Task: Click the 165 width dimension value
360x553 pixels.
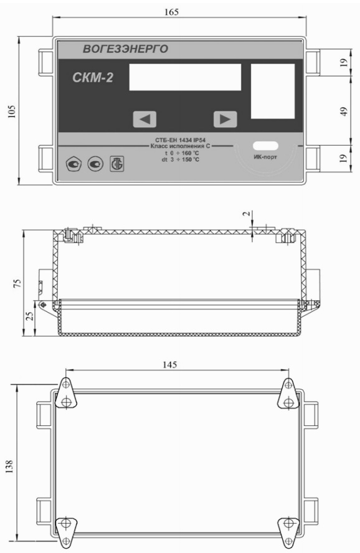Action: (171, 12)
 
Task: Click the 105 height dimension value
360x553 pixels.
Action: (12, 111)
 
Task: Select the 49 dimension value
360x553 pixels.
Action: (344, 111)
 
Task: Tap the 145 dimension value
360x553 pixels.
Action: (169, 364)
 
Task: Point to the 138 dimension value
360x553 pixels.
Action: (9, 466)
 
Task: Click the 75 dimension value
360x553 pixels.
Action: (17, 283)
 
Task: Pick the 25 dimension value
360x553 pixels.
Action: (31, 315)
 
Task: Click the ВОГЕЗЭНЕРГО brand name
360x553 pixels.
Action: (126, 49)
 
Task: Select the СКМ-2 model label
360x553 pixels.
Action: (93, 77)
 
